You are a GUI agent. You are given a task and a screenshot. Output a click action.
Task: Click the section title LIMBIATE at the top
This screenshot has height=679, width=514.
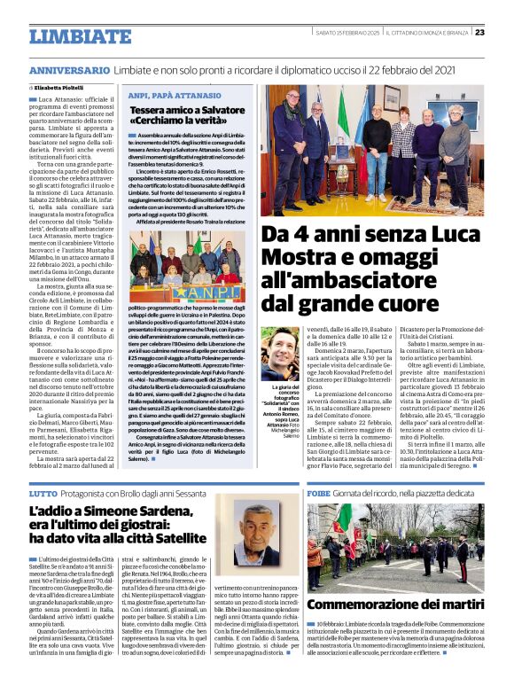(x=80, y=36)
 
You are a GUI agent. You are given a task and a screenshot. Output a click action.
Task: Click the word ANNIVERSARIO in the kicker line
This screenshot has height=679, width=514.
(x=69, y=70)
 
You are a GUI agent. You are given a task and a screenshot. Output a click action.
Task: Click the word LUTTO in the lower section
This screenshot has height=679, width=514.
(x=44, y=493)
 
